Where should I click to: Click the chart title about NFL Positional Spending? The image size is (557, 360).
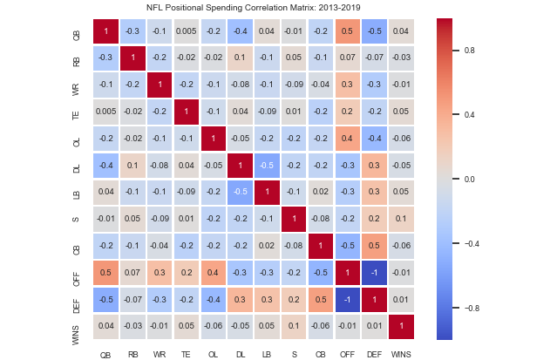coord(278,8)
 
